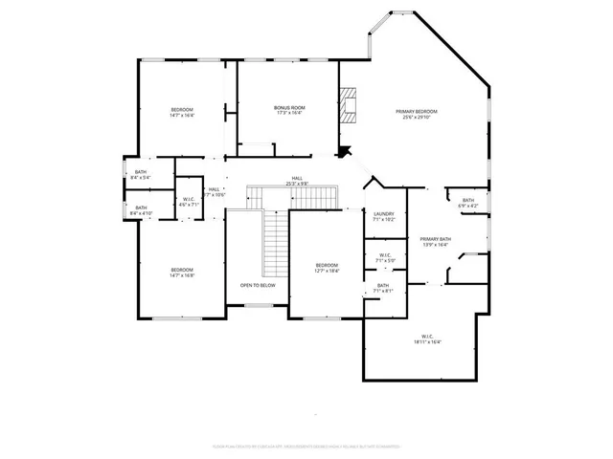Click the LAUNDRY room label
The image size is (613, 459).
click(384, 214)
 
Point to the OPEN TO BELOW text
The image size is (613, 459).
click(258, 285)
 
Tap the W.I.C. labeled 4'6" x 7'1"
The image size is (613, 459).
click(190, 199)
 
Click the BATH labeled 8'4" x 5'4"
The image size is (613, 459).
click(141, 171)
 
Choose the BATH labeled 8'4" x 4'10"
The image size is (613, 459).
click(141, 208)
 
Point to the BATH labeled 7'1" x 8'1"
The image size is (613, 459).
click(383, 286)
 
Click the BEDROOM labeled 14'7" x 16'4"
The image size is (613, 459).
click(182, 109)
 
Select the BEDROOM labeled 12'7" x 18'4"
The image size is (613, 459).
click(327, 265)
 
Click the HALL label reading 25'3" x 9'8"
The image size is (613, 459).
click(297, 179)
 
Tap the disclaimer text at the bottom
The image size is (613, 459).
click(306, 445)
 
